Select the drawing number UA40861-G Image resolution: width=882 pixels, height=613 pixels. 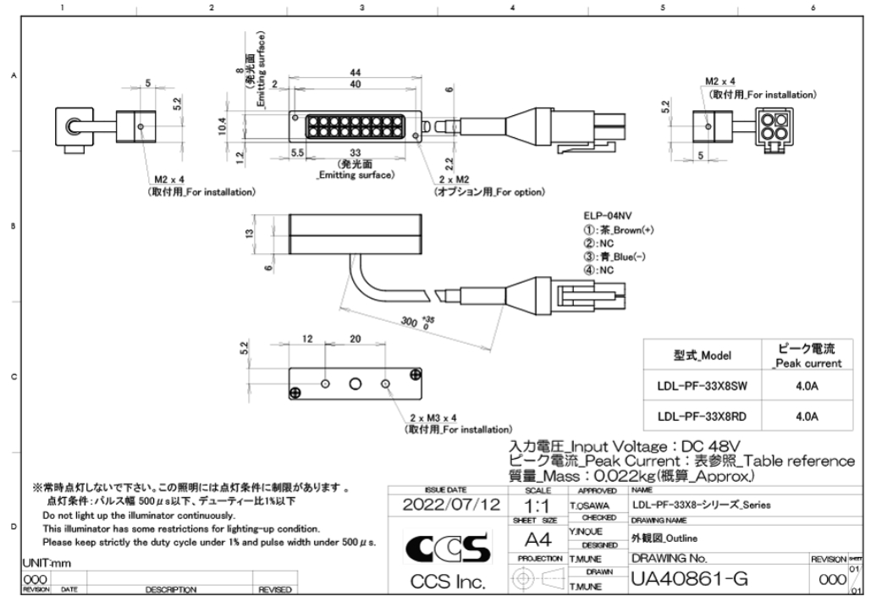[690, 580]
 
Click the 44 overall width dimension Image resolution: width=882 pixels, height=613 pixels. [355, 73]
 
